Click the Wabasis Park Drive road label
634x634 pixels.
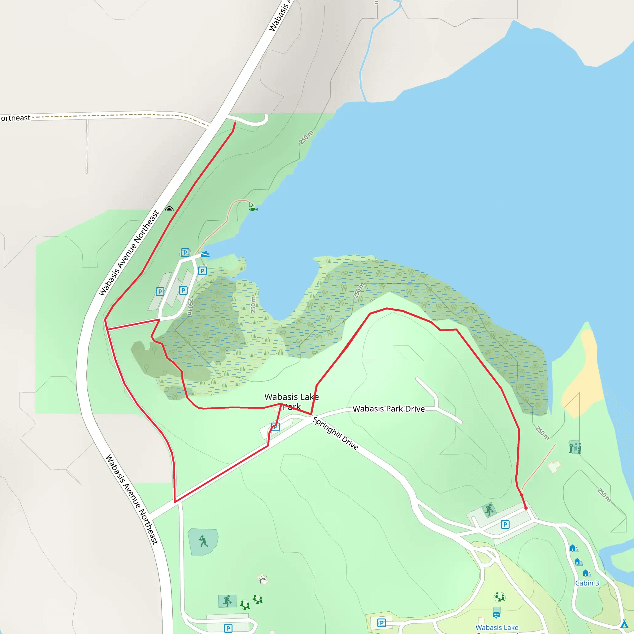coord(389,409)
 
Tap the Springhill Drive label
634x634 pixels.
coord(335,433)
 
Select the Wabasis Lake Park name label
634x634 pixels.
coord(291,401)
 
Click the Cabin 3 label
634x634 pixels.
coord(587,583)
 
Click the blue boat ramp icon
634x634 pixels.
coord(205,254)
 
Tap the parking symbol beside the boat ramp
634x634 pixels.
coord(185,252)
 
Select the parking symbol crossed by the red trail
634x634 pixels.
coord(275,427)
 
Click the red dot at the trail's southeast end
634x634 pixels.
coord(526,508)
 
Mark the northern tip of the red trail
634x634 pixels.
coord(235,123)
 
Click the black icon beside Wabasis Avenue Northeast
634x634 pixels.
coord(169,209)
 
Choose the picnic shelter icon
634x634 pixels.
coord(263,579)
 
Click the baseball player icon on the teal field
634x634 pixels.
coord(203,541)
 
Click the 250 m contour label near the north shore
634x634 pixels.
coord(306,137)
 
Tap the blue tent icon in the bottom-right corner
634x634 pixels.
coord(624,623)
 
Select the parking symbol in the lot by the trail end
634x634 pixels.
coord(505,524)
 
